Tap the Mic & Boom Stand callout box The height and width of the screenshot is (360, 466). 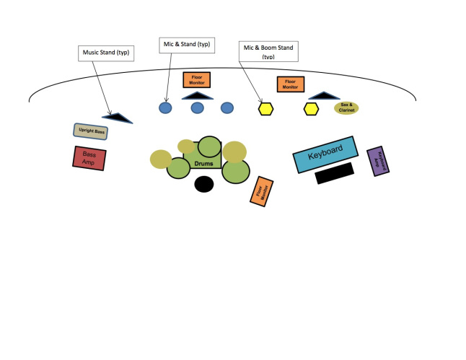click(268, 51)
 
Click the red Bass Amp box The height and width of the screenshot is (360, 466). click(90, 157)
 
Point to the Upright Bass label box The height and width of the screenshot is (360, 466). click(90, 131)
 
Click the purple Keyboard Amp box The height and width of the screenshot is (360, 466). click(378, 162)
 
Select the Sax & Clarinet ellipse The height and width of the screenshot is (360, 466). click(346, 108)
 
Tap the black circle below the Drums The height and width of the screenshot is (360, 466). click(204, 185)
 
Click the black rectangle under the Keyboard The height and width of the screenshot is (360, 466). click(334, 173)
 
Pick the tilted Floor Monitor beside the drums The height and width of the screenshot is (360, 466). click(261, 191)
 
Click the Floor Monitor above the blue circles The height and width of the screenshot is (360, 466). click(195, 79)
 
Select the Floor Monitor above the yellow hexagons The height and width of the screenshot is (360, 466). click(290, 84)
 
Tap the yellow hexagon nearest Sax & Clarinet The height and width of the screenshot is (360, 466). click(311, 109)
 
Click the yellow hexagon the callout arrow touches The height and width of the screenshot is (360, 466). click(265, 109)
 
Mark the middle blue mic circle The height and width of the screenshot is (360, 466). click(197, 108)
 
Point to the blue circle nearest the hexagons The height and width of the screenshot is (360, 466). click(227, 108)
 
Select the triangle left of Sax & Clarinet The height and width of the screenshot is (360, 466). click(324, 95)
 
